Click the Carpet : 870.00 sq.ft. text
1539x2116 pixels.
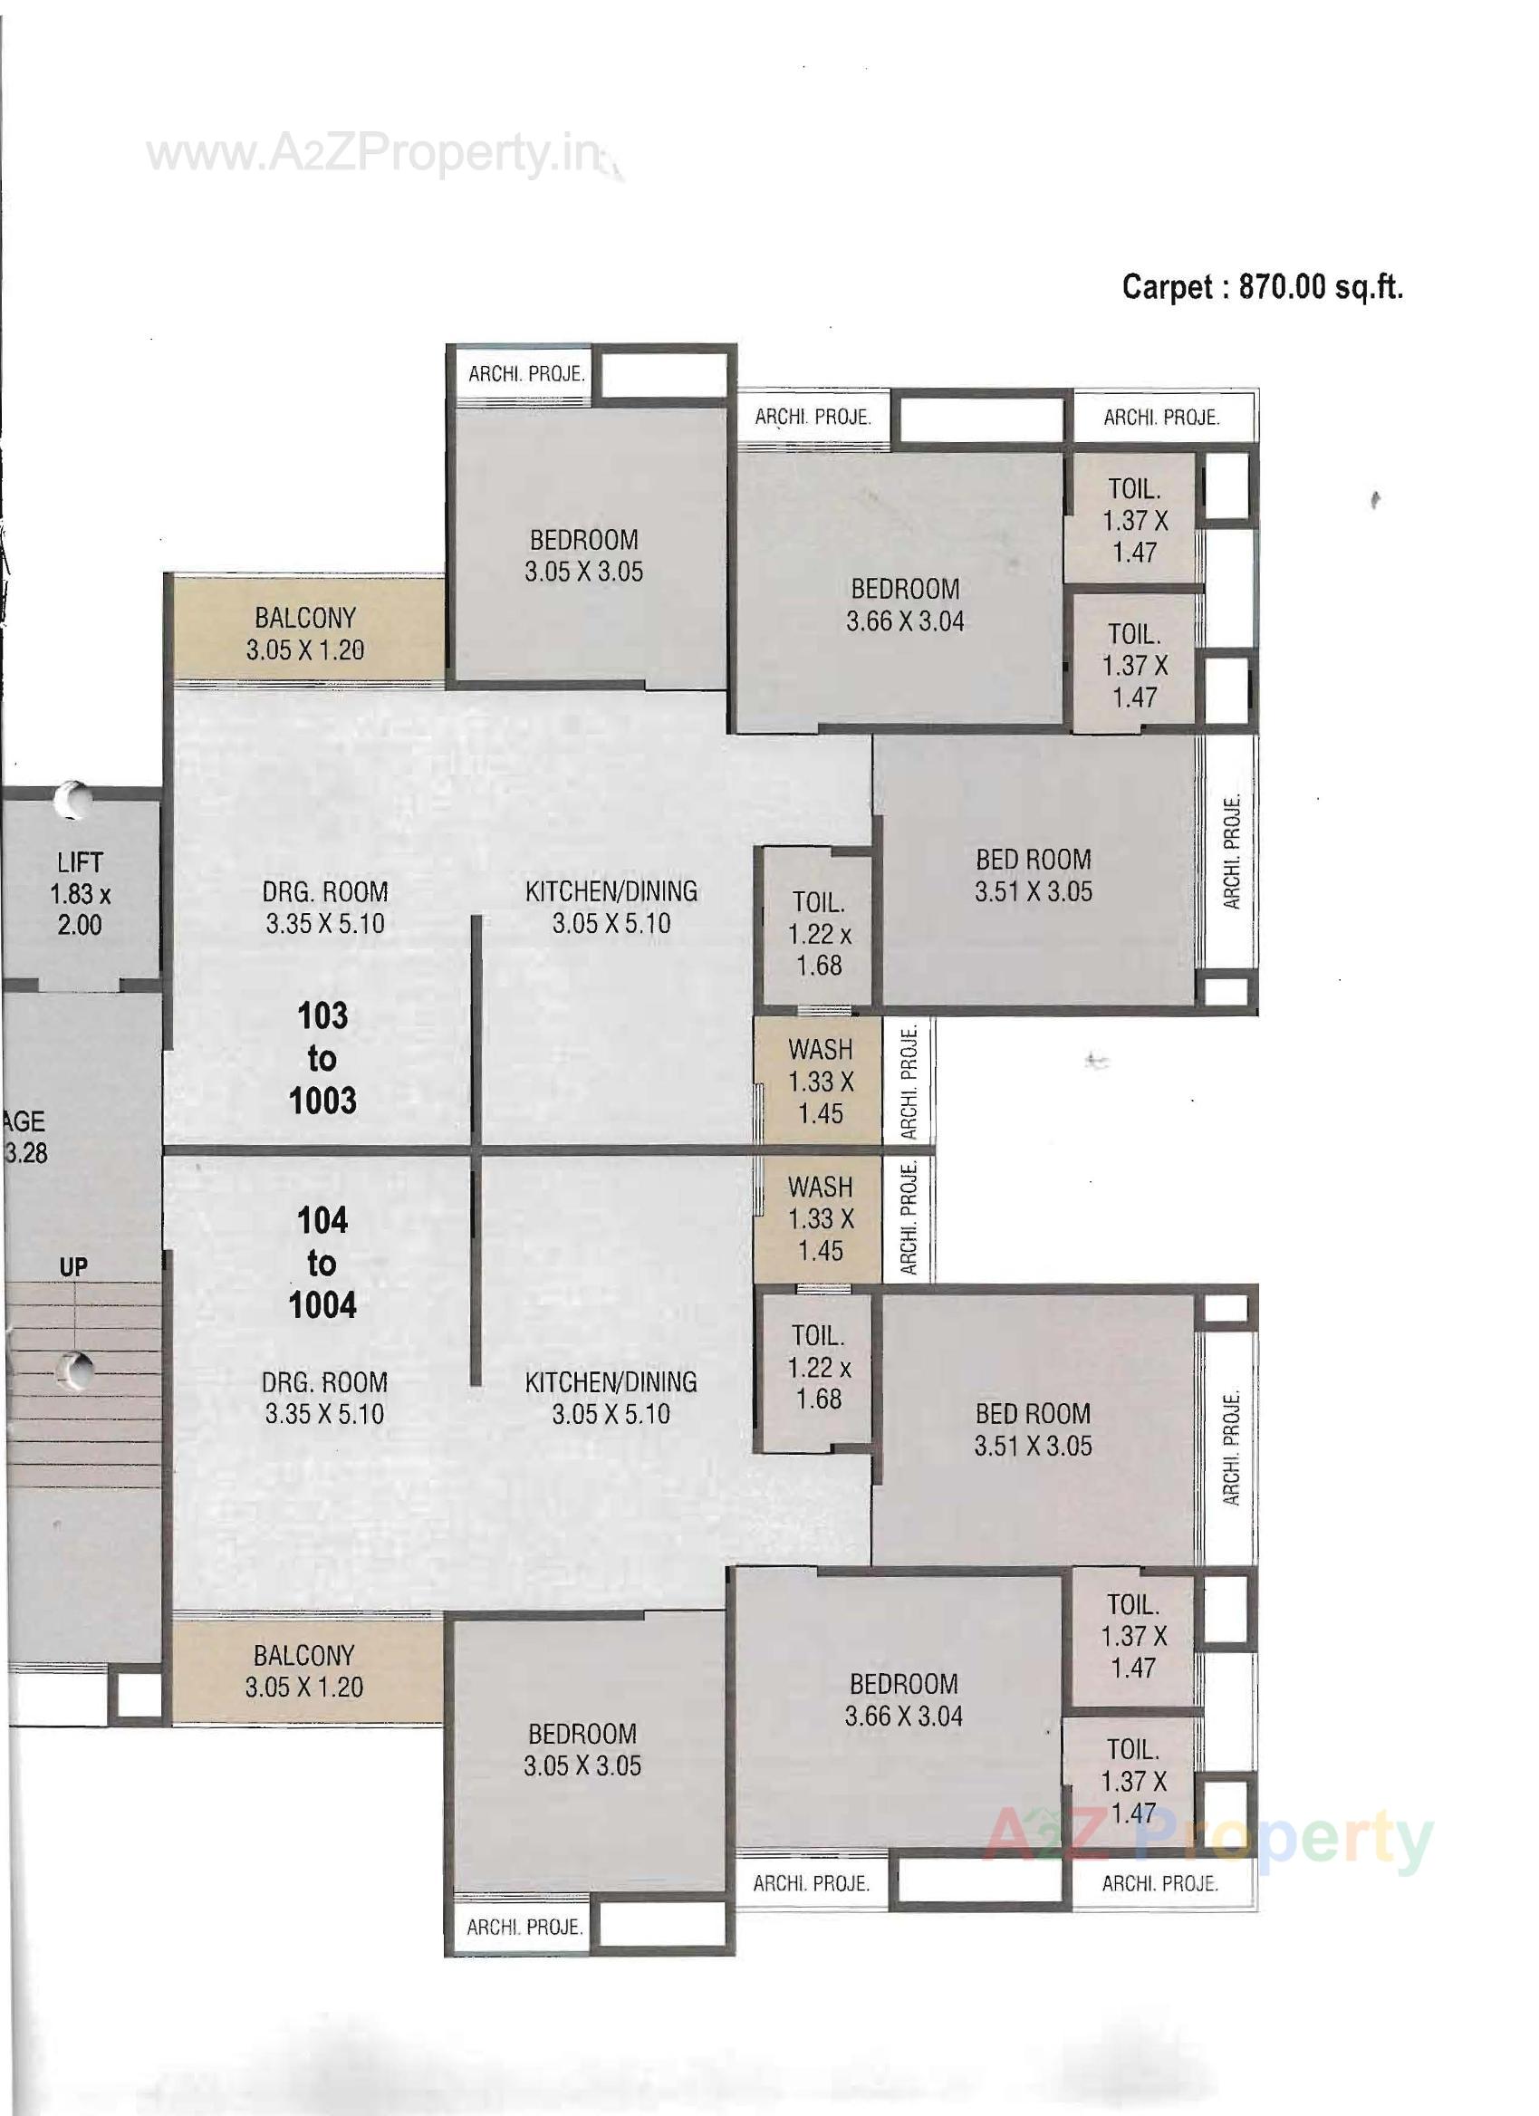[x=1262, y=286]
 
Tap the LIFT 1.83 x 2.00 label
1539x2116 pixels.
[x=81, y=894]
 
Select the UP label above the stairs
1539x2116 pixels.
[x=73, y=1267]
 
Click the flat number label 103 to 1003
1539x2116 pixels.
[x=322, y=1058]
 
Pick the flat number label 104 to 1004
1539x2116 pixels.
[x=322, y=1264]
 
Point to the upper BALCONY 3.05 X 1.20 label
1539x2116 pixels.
[x=305, y=633]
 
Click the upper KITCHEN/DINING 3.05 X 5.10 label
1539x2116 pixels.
[x=611, y=907]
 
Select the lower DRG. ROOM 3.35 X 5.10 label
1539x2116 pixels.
[x=323, y=1398]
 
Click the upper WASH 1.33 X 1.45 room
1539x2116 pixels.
[x=820, y=1082]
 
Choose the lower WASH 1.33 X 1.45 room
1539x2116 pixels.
[x=820, y=1218]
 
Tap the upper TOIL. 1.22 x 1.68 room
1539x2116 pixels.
[x=819, y=934]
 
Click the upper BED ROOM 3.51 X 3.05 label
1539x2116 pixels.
[x=1034, y=875]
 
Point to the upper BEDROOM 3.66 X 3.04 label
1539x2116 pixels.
[x=905, y=604]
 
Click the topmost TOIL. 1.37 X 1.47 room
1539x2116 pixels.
[x=1134, y=521]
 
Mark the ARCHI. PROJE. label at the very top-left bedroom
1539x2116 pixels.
[x=526, y=374]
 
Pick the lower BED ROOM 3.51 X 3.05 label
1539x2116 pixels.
[x=1034, y=1429]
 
